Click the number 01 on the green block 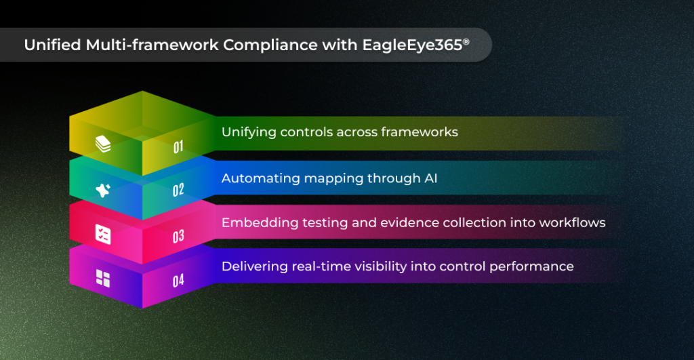coord(178,146)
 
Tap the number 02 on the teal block coord(178,191)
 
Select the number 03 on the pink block coord(178,237)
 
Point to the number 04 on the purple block coord(178,280)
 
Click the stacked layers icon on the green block coord(102,144)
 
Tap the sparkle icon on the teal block coord(103,191)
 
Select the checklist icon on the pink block coord(103,235)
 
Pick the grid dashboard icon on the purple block coord(103,278)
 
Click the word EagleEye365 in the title coord(406,45)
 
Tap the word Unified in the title coord(51,45)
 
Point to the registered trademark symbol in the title coord(466,41)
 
